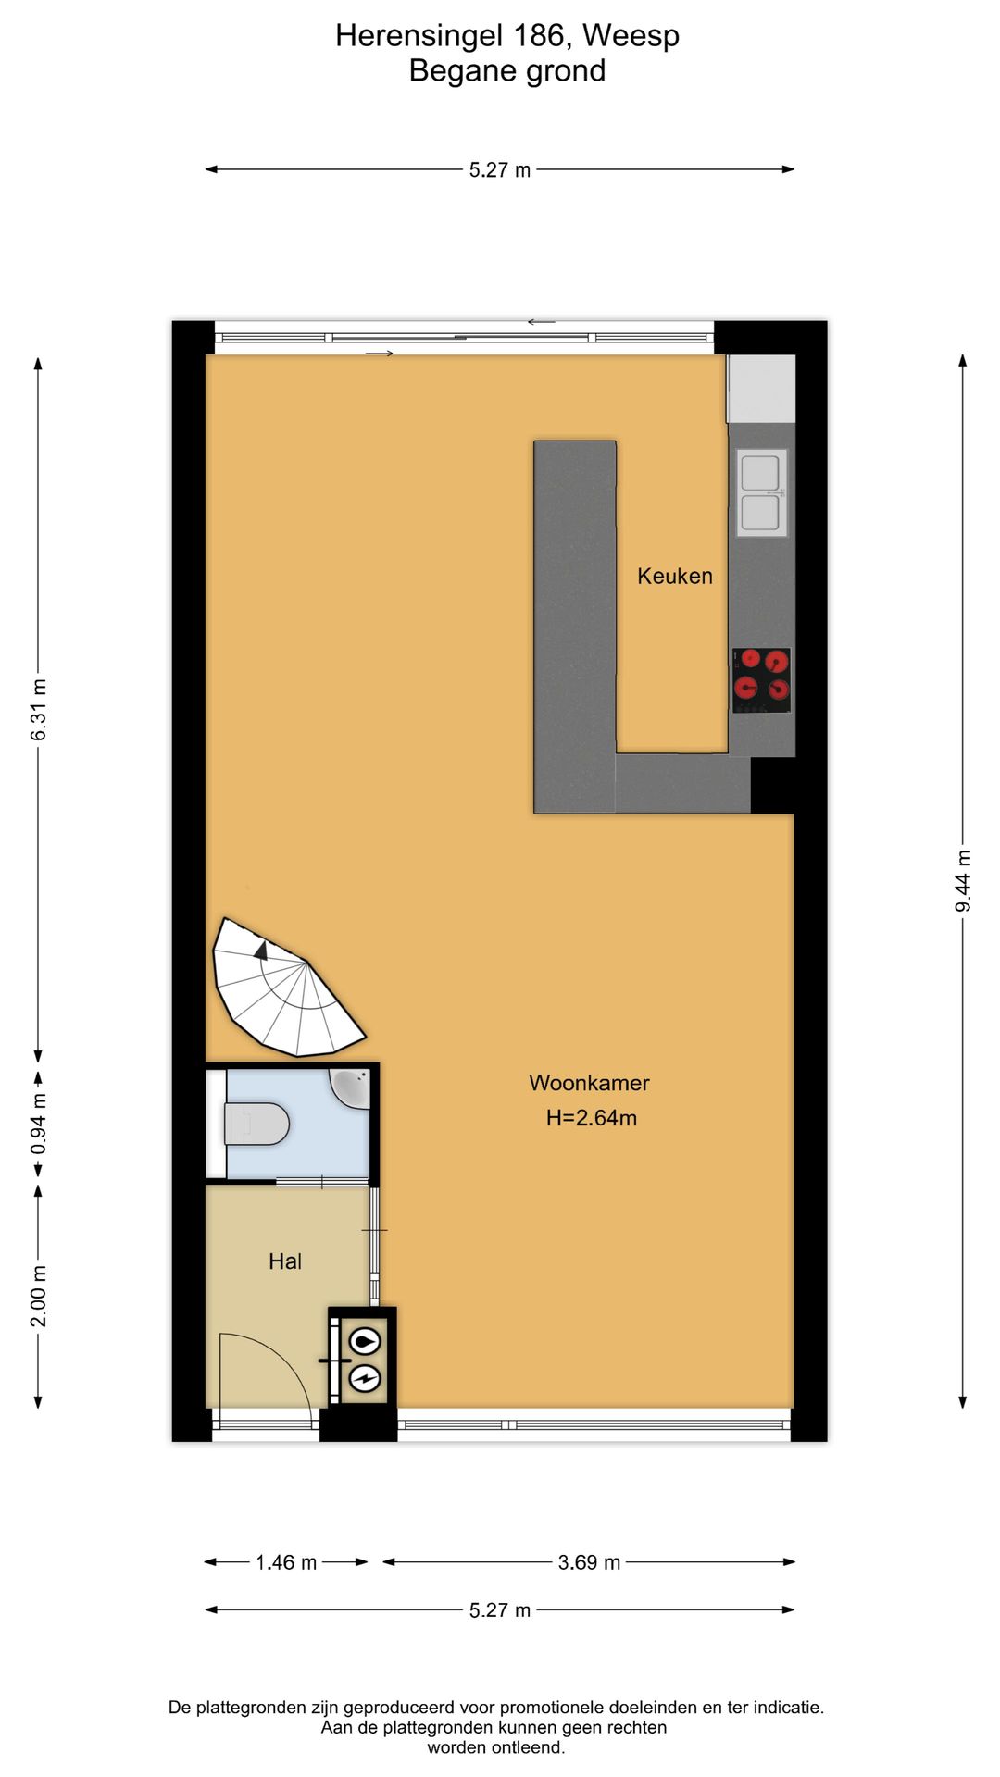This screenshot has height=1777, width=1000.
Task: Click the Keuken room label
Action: tap(674, 576)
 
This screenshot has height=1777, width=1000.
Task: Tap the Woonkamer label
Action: tap(589, 1083)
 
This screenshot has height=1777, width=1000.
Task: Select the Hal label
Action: tap(285, 1261)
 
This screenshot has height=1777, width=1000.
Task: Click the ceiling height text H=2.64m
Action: tap(591, 1118)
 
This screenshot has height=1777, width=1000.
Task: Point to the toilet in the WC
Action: tap(256, 1124)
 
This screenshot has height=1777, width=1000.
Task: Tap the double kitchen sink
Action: tap(761, 492)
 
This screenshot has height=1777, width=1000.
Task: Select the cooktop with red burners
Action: tap(761, 680)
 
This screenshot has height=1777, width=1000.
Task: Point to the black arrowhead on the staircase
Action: tap(261, 950)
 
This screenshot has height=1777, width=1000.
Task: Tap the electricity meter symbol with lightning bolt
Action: tap(365, 1378)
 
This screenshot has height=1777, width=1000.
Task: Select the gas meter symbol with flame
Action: tap(365, 1341)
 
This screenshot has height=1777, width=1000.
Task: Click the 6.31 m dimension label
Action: tap(39, 710)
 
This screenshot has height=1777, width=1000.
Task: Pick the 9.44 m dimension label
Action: tap(963, 880)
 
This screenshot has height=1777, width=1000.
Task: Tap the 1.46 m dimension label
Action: tap(286, 1562)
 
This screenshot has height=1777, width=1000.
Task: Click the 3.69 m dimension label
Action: tap(589, 1562)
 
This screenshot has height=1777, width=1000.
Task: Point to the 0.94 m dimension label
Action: tap(39, 1124)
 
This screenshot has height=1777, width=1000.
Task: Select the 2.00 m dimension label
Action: tap(39, 1296)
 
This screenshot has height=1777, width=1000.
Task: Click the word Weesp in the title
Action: tap(631, 36)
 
